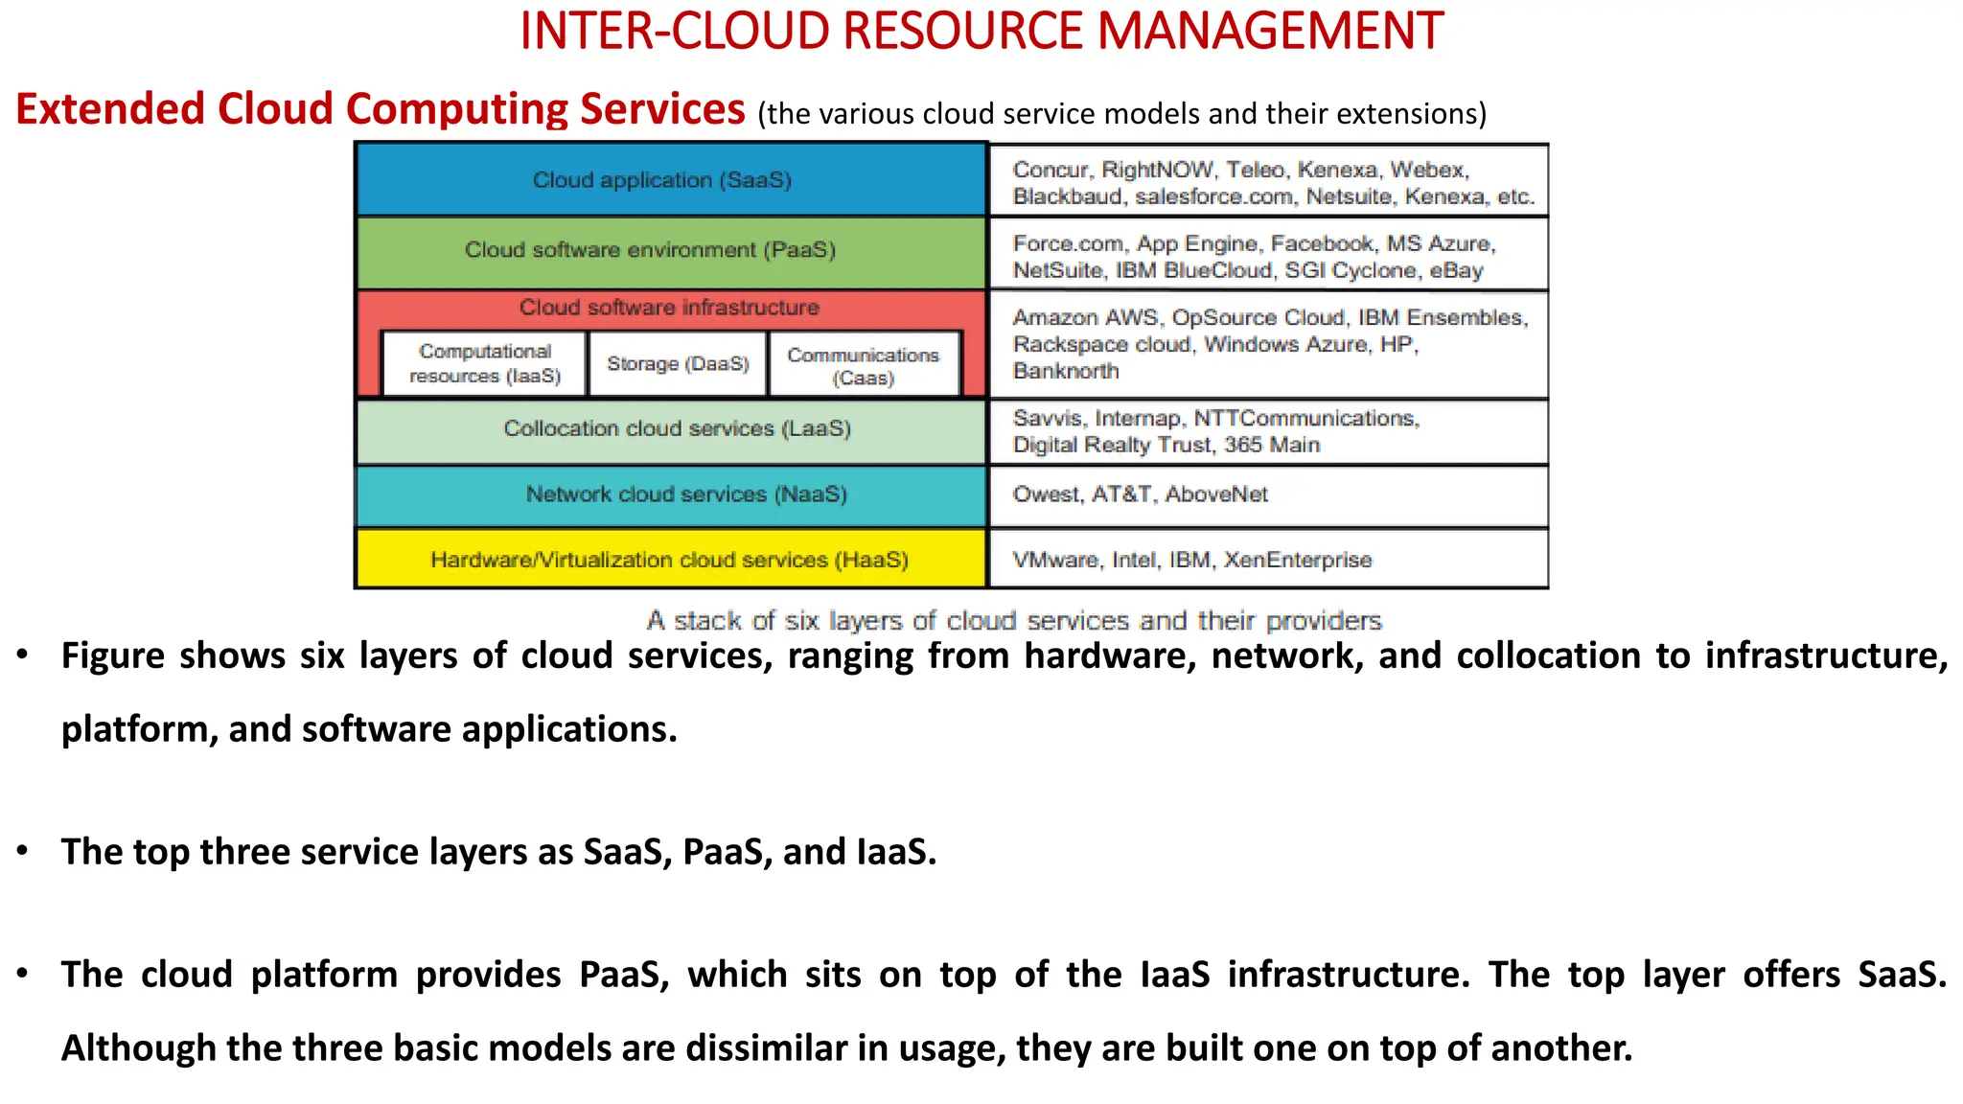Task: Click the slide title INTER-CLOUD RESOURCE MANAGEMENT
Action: coord(981,31)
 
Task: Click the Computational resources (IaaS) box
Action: coord(485,364)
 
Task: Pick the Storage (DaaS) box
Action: coord(678,364)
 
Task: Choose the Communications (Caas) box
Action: coord(864,366)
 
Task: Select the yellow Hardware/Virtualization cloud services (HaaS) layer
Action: coord(670,560)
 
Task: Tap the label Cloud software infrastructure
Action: coord(669,308)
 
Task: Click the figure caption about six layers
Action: coord(1014,621)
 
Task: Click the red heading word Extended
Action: coord(110,109)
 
